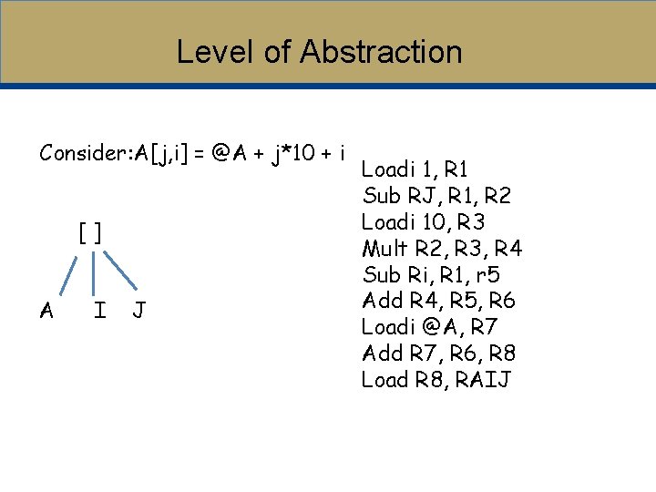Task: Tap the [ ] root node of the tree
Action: [x=90, y=233]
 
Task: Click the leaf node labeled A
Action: [x=46, y=311]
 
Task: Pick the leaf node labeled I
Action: [x=99, y=311]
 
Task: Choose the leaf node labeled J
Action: [x=138, y=311]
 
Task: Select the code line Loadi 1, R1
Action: [x=415, y=169]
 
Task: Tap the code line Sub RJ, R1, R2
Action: [x=436, y=196]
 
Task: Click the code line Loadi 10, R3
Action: [x=423, y=221]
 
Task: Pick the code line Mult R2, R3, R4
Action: [x=442, y=248]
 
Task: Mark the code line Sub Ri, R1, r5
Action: [x=431, y=274]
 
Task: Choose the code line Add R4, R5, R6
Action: [x=438, y=301]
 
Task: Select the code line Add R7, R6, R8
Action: [x=438, y=353]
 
